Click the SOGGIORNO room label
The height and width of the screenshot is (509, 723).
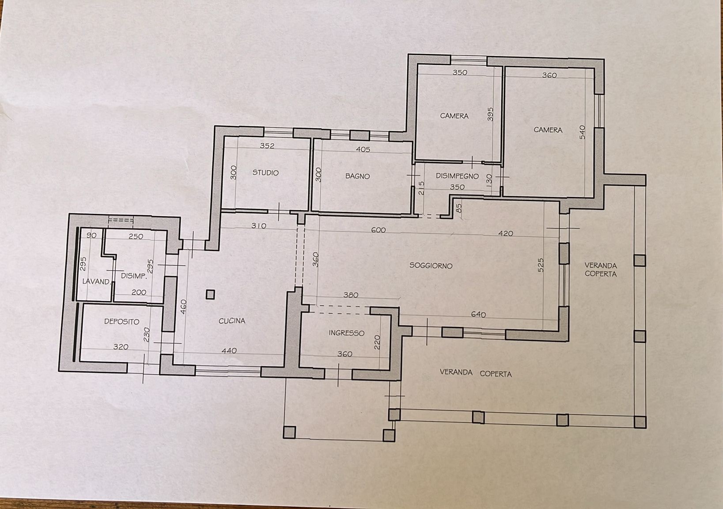click(431, 266)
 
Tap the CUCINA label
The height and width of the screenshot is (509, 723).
click(232, 321)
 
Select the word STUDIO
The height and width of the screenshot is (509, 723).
click(265, 172)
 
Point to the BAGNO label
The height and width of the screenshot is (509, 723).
click(357, 176)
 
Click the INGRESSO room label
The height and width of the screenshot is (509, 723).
click(346, 333)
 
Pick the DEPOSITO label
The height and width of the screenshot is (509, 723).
click(122, 321)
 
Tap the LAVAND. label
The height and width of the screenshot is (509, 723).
click(97, 281)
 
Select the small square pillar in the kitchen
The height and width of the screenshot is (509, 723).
click(210, 294)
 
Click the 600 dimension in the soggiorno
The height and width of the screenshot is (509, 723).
click(379, 230)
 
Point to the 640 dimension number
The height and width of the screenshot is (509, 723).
click(478, 314)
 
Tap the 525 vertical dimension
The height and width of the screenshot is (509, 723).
click(541, 265)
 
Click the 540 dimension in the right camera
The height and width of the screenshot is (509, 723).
click(582, 132)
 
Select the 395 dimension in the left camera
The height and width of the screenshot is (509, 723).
click(490, 114)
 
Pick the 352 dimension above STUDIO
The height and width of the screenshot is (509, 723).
click(267, 146)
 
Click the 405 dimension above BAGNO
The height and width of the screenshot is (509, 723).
click(363, 149)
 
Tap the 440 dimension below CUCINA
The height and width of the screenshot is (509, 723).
click(229, 350)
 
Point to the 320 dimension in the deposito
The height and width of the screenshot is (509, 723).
click(121, 346)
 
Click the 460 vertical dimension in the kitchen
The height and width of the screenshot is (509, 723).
click(183, 307)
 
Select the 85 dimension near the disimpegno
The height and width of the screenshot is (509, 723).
click(460, 208)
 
